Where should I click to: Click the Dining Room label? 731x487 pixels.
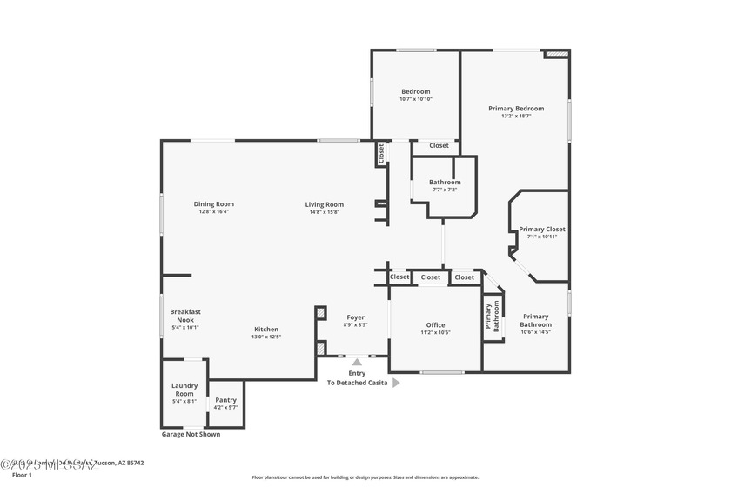pos(213,204)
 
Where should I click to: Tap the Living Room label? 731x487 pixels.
pos(324,204)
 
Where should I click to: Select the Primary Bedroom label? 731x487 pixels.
pos(515,109)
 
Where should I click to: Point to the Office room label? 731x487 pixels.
pos(435,324)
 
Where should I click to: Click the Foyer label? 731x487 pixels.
pos(355,317)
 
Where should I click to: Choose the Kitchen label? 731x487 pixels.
pos(266,330)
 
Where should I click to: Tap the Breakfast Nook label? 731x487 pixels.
pos(184,316)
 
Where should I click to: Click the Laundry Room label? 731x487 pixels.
pos(184,390)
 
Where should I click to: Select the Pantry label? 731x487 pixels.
pos(225,400)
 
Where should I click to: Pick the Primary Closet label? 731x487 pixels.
pos(542,230)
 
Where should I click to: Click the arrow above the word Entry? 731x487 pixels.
pos(355,363)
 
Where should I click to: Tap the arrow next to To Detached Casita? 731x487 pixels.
pos(396,382)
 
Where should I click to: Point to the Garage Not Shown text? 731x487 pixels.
pos(191,434)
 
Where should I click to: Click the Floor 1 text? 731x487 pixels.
pos(22,475)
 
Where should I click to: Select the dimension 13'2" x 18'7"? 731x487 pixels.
pos(515,117)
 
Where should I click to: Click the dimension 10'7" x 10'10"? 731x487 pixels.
pos(415,99)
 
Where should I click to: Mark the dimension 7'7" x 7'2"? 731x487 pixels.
pos(444,190)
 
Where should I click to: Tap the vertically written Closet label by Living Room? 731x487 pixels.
pos(381,153)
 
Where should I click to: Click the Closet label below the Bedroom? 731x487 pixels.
pos(439,145)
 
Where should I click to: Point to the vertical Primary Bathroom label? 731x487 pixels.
pos(493,317)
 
